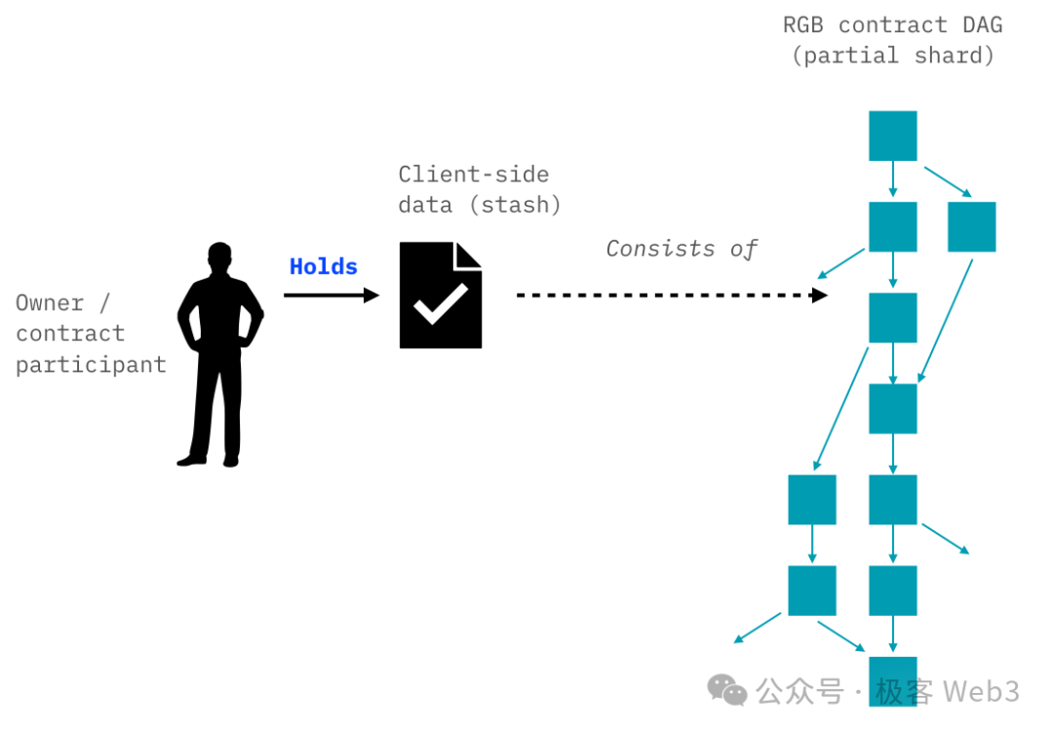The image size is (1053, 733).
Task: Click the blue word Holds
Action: [323, 266]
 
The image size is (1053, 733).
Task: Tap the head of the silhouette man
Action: [220, 260]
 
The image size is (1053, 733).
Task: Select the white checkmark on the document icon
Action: [440, 305]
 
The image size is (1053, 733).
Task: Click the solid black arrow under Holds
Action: [331, 294]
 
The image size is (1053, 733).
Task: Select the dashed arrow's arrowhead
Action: [820, 294]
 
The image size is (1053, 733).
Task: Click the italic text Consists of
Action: [682, 249]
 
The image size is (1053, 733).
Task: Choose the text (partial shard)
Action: [892, 55]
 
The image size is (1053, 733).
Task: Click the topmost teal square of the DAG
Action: [892, 135]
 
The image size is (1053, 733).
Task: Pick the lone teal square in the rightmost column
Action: [971, 226]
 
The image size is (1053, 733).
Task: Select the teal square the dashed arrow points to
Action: [892, 318]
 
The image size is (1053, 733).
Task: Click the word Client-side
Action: [473, 174]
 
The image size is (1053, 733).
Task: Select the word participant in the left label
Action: [91, 365]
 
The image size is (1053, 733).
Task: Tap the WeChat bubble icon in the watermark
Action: [727, 690]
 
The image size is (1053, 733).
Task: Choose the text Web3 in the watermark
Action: [982, 691]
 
